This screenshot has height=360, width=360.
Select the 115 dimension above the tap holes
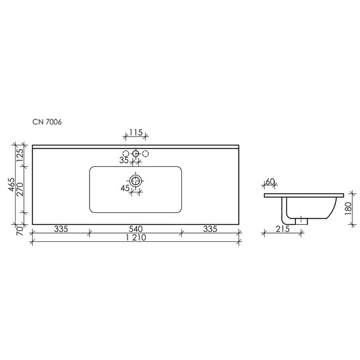pos(135,133)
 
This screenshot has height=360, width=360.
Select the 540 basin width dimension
pos(135,228)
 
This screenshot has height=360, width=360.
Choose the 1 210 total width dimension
pos(135,240)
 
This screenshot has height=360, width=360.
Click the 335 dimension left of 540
pos(61,228)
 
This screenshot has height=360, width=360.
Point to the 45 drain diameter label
pos(125,188)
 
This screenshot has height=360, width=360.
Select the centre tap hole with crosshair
pos(135,153)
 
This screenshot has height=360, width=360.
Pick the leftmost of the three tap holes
pos(125,153)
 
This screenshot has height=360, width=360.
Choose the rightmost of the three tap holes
pos(145,153)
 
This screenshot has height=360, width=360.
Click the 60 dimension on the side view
pos(270,182)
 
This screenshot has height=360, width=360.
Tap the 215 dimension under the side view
pos(282,229)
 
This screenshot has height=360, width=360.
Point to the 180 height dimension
pos(349,208)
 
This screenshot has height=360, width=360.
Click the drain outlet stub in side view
pos(303,220)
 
